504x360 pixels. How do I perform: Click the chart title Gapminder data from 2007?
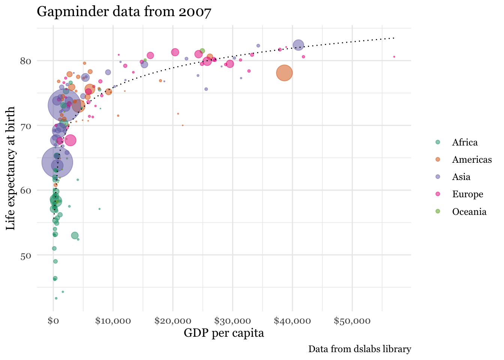pos(124,12)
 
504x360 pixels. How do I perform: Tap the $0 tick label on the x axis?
pos(53,321)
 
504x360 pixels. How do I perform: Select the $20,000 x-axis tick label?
pos(173,321)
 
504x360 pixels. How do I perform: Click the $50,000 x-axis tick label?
pos(352,321)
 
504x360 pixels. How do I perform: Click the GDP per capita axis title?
pos(224,333)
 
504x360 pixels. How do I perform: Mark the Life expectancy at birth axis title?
pos(11,168)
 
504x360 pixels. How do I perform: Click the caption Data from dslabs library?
pos(360,349)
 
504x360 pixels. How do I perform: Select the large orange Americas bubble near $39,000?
pos(285,73)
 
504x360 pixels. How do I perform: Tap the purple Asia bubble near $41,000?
pos(298,45)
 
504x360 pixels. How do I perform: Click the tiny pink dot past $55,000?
pos(394,57)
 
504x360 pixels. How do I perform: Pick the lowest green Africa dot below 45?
pos(56,298)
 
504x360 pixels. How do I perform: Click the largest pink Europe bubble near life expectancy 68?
pos(70,140)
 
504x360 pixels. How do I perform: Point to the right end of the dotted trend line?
pos(394,38)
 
